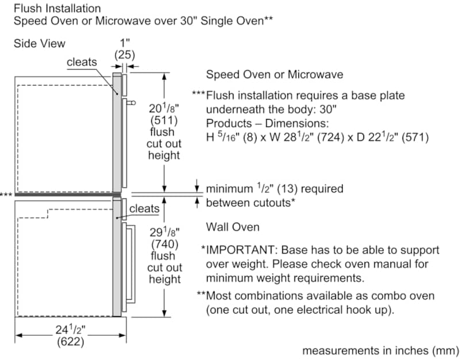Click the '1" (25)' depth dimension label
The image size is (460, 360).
point(125,49)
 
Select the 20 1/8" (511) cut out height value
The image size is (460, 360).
point(164,114)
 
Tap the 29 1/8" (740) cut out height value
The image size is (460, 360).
point(164,238)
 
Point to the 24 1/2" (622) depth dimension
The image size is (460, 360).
point(70,336)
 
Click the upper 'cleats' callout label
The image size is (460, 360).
point(82,62)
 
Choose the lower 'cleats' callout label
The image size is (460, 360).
point(144,209)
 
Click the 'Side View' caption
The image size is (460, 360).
point(39,44)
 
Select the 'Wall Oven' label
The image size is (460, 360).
point(233,227)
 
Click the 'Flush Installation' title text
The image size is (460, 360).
point(57,8)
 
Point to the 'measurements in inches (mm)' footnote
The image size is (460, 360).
point(381,350)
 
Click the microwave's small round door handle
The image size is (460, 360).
point(131,103)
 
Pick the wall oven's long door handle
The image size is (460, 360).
point(131,264)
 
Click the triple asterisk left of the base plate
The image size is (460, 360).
point(6,194)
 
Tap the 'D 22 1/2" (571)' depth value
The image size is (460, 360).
point(393,137)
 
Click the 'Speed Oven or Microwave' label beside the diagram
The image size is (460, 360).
point(275,74)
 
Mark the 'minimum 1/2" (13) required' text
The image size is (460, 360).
point(275,189)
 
